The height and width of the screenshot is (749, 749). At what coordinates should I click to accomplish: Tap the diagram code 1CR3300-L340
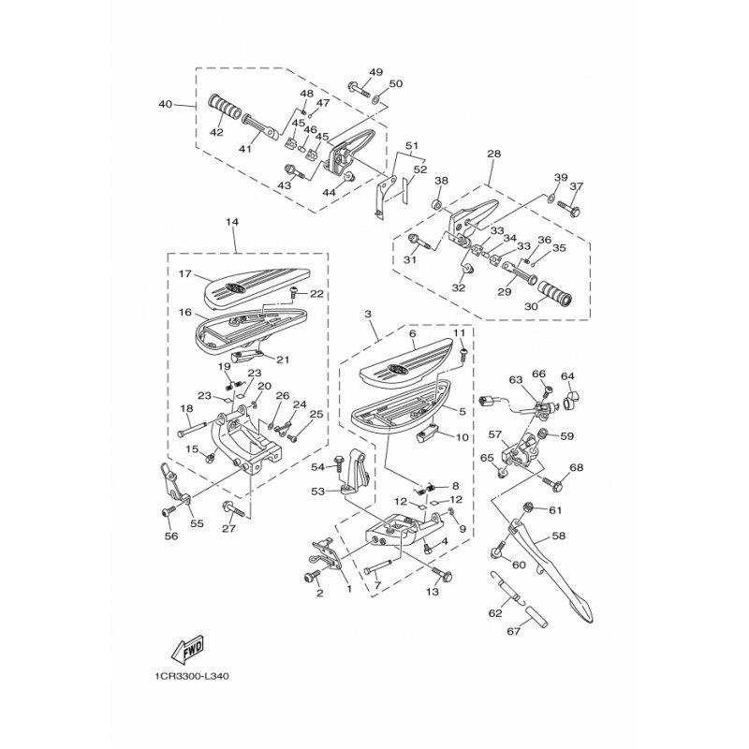coord(191,676)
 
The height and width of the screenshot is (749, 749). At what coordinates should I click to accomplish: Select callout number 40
coord(166,104)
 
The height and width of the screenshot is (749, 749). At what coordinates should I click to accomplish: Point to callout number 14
coord(232,222)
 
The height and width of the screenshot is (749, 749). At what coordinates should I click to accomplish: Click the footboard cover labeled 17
coord(257,286)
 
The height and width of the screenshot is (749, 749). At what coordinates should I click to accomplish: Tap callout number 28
coord(494,154)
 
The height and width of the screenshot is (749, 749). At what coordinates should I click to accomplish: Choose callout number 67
coord(514,631)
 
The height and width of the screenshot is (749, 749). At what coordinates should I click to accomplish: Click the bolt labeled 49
coord(359,89)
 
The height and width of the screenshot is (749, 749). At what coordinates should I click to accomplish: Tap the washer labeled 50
coord(377,100)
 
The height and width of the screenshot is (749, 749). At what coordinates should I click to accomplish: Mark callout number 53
coord(317,491)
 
